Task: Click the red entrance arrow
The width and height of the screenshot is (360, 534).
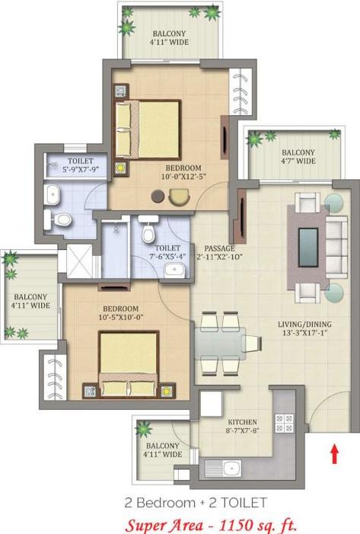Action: [x=333, y=454]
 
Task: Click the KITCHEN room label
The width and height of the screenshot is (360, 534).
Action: [x=241, y=422]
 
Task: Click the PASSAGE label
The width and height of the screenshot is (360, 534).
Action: [x=219, y=248]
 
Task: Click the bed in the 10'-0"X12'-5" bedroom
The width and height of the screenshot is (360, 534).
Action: [x=148, y=129]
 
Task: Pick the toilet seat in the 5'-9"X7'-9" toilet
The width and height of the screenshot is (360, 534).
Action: [x=62, y=220]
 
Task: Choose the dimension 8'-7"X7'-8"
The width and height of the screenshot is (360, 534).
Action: [x=241, y=432]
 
